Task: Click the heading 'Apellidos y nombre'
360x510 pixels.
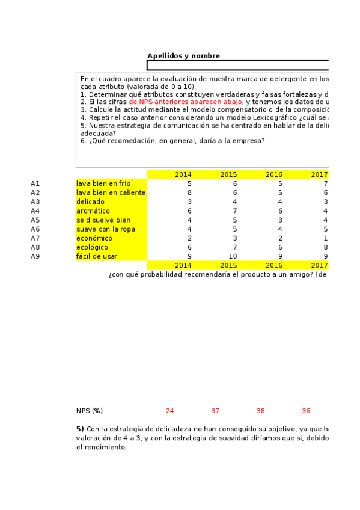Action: pos(183,56)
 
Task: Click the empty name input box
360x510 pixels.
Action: pos(238,66)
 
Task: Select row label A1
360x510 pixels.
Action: pos(35,183)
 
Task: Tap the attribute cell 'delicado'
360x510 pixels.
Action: pos(90,201)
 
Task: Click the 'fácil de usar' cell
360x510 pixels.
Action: pos(96,256)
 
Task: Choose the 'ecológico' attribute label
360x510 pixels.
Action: pos(92,247)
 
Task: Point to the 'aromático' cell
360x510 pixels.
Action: pos(93,211)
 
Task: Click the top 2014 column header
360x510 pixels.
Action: pos(183,174)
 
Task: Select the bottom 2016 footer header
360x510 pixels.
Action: pos(273,265)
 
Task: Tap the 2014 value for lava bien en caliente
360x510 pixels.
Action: pos(189,192)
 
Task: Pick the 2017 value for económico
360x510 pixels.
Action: pos(325,238)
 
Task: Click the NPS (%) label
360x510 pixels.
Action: pos(89,411)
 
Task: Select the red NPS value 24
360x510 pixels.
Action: pos(169,411)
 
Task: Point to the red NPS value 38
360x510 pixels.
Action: pos(260,411)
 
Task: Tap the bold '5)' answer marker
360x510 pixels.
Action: pos(80,429)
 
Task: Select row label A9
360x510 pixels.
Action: pos(35,256)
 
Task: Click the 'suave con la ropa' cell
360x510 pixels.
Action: pos(105,229)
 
